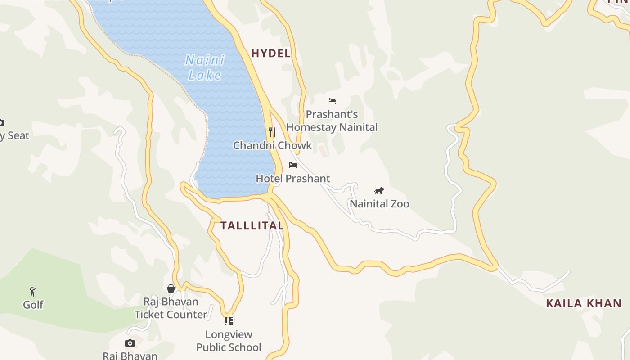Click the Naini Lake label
pos(205,67)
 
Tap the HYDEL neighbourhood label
pos(271,54)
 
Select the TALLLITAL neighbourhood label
pos(252,226)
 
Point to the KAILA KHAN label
pos(584,303)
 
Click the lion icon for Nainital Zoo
pos(379,191)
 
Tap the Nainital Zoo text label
pos(379,204)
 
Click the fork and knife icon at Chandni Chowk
pos(272,132)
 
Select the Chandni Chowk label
pos(272,145)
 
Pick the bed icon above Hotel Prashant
pos(293,165)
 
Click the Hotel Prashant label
pos(293,179)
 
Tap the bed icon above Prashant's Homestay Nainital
pos(332,101)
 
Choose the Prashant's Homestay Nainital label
pos(332,121)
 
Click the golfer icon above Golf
pos(32,291)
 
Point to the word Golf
pos(33,305)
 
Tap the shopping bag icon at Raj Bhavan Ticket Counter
pos(171,288)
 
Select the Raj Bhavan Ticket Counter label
pos(171,308)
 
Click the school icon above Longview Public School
pos(229,321)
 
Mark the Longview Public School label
pos(229,341)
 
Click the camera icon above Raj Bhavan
pos(130,343)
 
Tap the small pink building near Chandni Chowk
pos(322,150)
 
